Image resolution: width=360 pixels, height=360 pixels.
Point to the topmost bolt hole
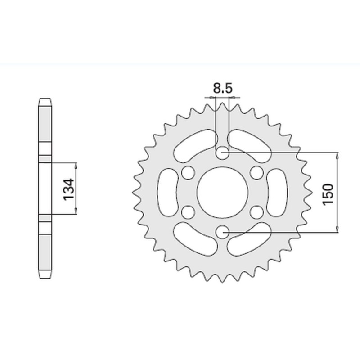coord(222,154)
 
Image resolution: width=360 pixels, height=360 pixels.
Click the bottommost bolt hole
coord(222,232)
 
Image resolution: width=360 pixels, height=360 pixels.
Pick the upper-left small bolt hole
coord(188,173)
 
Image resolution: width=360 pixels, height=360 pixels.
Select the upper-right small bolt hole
coord(256,173)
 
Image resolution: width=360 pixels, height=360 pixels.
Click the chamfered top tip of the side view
coord(44,100)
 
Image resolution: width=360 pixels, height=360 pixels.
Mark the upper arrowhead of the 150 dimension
coord(337,156)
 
